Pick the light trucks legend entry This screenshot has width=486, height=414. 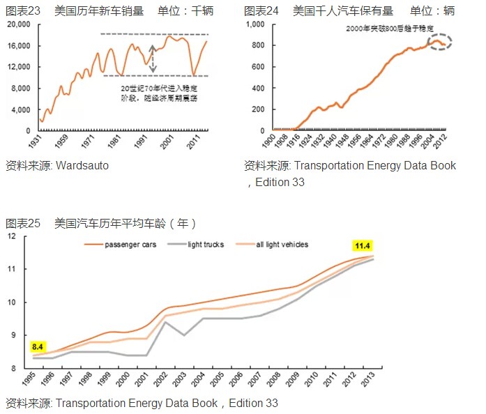[x=206, y=245]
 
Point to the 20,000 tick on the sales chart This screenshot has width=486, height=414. [x=19, y=24]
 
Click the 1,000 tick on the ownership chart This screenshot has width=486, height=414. [x=257, y=24]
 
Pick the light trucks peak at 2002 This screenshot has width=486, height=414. [x=164, y=321]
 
